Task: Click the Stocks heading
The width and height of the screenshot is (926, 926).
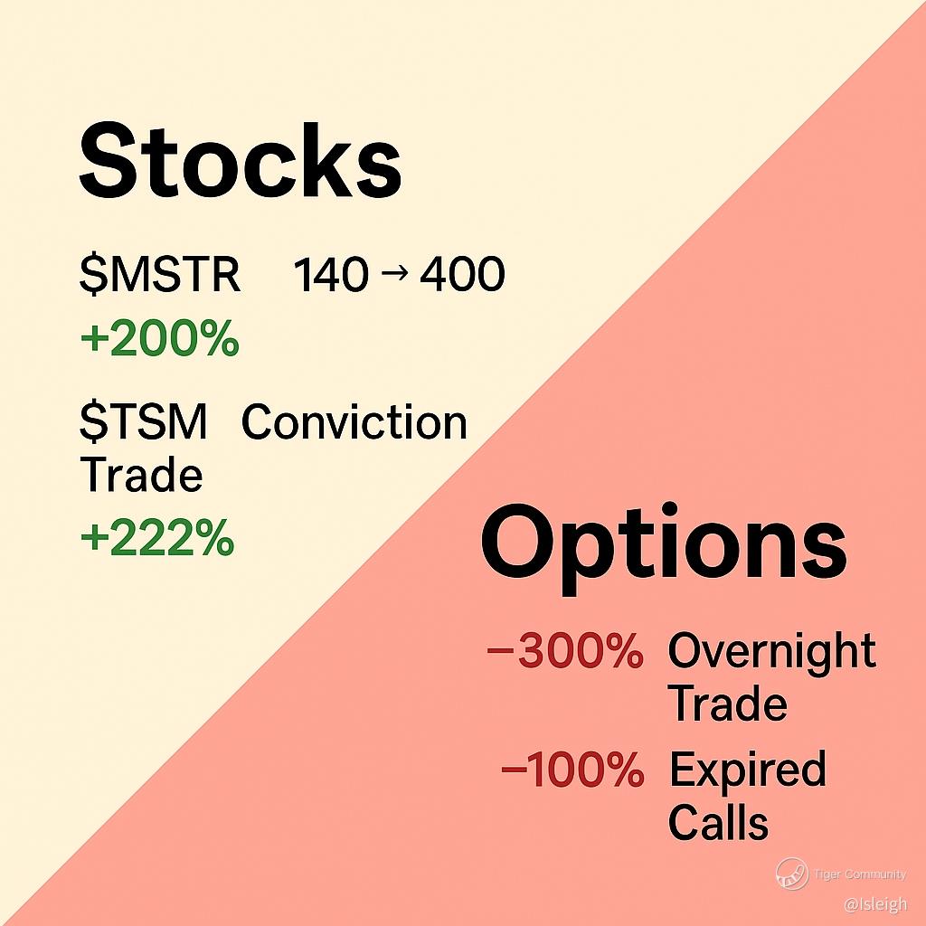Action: (x=241, y=161)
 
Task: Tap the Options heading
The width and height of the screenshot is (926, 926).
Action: (x=664, y=549)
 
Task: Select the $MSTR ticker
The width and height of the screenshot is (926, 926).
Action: (x=160, y=274)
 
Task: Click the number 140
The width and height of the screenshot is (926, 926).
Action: (x=331, y=275)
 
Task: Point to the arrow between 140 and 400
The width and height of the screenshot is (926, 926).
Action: (x=394, y=273)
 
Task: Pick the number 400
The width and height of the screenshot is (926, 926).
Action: (x=462, y=275)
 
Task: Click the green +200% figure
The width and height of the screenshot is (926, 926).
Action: (x=159, y=338)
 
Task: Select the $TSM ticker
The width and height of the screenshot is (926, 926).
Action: (x=144, y=421)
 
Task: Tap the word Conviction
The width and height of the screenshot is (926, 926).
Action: (x=354, y=422)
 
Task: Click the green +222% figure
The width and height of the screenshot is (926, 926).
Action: (x=157, y=538)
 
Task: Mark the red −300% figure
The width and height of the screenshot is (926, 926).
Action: (x=565, y=650)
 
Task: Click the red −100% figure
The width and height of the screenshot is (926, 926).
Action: (x=572, y=769)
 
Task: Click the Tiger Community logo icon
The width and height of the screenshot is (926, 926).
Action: (x=792, y=874)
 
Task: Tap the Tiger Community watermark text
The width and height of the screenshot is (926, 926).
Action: (x=860, y=874)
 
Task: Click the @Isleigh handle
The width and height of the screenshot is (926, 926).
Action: (x=875, y=904)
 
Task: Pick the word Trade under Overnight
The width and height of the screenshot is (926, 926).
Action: (x=730, y=704)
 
